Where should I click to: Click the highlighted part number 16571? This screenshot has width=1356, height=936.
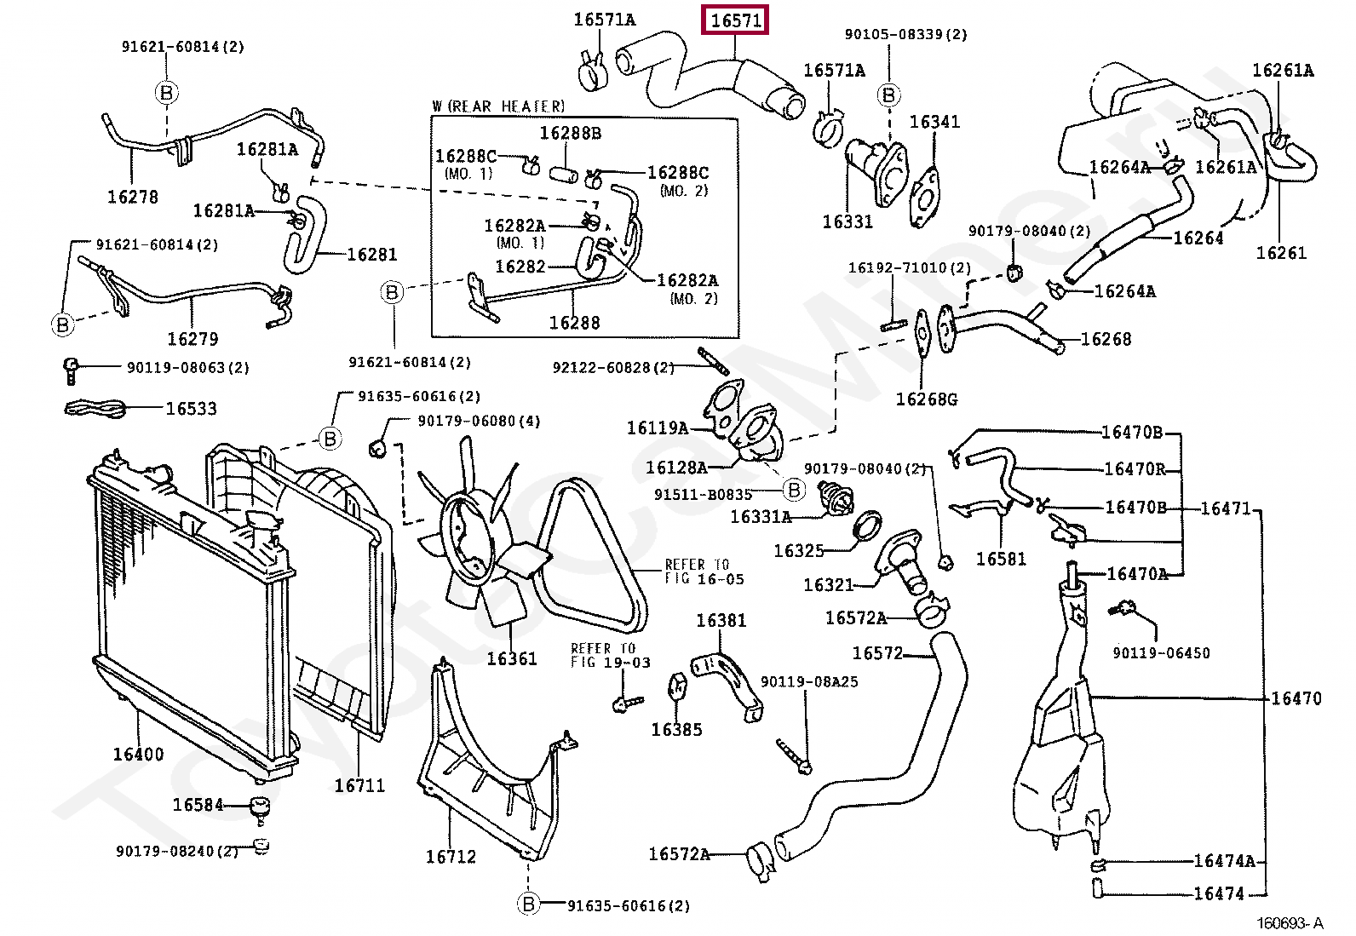[x=735, y=20]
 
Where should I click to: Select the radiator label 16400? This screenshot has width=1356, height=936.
[x=138, y=754]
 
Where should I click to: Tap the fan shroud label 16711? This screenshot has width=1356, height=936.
[x=359, y=785]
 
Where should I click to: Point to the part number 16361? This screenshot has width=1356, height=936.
[x=512, y=658]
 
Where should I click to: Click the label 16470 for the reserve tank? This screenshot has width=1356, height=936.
[x=1296, y=698]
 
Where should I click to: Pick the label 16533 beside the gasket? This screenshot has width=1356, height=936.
[x=191, y=409]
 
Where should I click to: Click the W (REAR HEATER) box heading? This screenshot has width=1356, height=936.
[x=498, y=106]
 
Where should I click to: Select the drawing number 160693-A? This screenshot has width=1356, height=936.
[x=1290, y=923]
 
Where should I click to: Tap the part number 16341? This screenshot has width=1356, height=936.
[x=934, y=122]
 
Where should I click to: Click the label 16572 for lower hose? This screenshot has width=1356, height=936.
[x=877, y=653]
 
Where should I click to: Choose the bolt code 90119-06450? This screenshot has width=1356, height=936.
[x=1161, y=653]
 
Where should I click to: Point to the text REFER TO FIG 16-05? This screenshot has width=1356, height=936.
[x=704, y=571]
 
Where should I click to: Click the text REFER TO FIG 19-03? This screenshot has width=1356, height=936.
[x=610, y=655]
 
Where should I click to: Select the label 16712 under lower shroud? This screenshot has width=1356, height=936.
[x=451, y=857]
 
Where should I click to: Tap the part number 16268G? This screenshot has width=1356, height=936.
[x=927, y=399]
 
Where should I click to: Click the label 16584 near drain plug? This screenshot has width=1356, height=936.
[x=198, y=805]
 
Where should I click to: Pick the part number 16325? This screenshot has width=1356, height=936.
[x=798, y=551]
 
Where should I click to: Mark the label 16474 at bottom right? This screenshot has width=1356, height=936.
[x=1219, y=893]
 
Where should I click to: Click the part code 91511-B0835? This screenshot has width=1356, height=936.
[x=703, y=495]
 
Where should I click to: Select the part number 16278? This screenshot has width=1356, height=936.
[x=132, y=197]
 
